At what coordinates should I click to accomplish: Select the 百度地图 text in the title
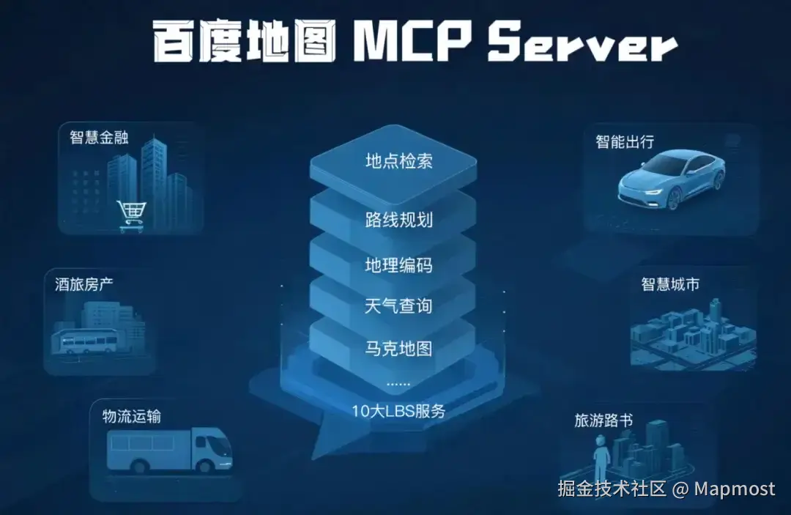tap(244, 41)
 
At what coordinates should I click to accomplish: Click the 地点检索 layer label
tap(398, 161)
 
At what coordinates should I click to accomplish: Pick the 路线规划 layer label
tap(398, 220)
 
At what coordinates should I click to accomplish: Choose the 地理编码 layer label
tap(398, 265)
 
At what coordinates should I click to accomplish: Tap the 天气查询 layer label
tap(398, 305)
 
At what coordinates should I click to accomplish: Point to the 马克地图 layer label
tap(398, 349)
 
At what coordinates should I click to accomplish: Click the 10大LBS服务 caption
tap(398, 411)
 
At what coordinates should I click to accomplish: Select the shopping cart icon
tap(132, 216)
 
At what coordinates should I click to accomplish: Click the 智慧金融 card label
tap(99, 137)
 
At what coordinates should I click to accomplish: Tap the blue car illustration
tap(672, 179)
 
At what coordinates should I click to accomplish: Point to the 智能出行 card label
tap(625, 141)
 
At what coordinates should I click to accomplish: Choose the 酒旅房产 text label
tap(83, 284)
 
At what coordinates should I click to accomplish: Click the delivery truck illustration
tap(169, 449)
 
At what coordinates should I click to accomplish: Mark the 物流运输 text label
tap(132, 416)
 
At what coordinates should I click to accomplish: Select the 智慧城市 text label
tap(670, 284)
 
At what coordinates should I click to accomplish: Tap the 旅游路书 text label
tap(604, 420)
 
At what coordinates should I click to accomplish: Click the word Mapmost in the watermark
tap(735, 489)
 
